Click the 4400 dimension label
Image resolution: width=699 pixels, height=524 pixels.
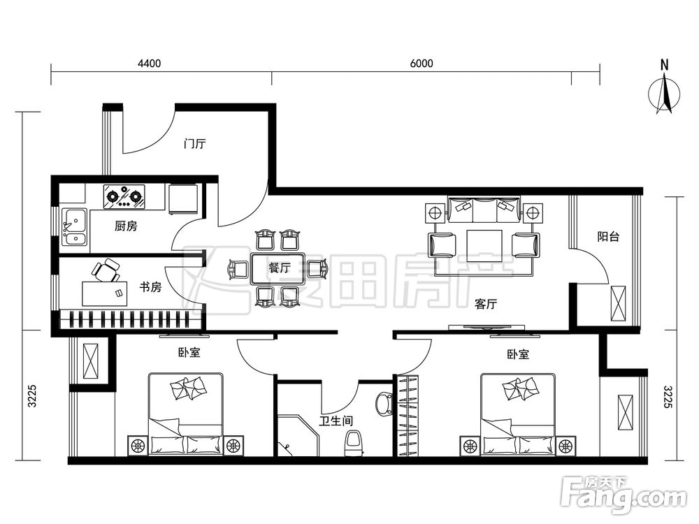[x=149, y=64]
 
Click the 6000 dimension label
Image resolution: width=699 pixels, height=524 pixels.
[x=421, y=64]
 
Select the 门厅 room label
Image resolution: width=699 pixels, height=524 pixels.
[x=195, y=144]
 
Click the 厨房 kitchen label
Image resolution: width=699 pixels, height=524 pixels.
[x=126, y=226]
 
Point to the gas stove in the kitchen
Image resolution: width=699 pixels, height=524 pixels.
[x=125, y=197]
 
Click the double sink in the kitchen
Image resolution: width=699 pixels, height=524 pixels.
[x=75, y=227]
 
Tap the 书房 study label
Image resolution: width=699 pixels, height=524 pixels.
[x=150, y=287]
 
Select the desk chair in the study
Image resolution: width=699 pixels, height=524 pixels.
[x=106, y=270]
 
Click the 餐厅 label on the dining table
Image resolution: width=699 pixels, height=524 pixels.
[x=280, y=268]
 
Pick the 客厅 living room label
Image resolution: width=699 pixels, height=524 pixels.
[x=486, y=305]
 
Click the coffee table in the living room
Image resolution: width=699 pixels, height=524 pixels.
[x=484, y=245]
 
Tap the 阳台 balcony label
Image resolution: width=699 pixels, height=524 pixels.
[x=608, y=237]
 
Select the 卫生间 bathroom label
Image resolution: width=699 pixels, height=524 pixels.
[x=336, y=421]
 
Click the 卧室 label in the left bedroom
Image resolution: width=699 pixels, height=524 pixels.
[x=189, y=352]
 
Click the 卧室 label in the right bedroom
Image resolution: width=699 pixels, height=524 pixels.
[x=518, y=354]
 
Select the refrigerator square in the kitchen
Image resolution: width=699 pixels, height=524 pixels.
[x=183, y=198]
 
